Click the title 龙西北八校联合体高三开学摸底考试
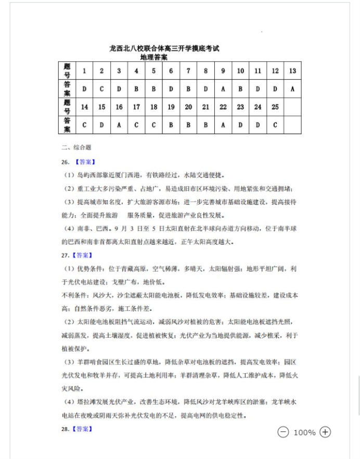point(164,48)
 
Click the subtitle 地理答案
point(164,57)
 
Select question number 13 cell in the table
point(292,71)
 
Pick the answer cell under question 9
point(223,89)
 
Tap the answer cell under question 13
point(292,89)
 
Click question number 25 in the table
point(275,107)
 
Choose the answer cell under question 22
point(223,125)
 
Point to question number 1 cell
point(84,71)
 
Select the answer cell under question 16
point(119,125)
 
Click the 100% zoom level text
point(304,432)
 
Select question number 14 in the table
point(84,107)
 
